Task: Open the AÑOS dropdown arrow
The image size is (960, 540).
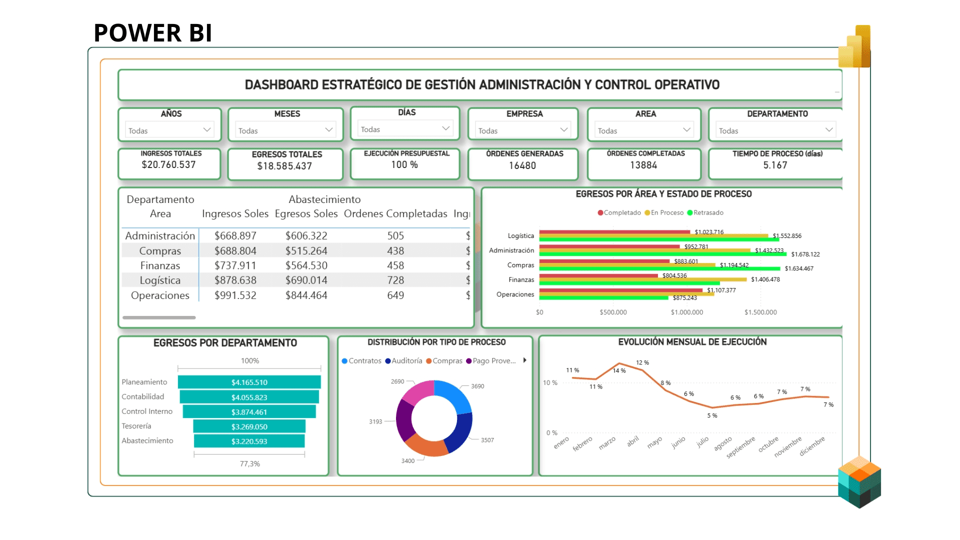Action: coord(207,130)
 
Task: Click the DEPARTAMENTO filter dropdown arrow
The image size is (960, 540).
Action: coord(829,130)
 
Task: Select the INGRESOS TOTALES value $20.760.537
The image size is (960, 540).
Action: coord(168,165)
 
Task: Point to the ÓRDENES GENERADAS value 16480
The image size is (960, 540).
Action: coord(522,165)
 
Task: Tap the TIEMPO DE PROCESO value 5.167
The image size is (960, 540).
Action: coord(775,165)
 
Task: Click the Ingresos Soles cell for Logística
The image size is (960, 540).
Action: coord(235,280)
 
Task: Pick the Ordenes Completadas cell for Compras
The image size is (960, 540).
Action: coord(395,251)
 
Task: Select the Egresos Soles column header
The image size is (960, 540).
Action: coord(306,214)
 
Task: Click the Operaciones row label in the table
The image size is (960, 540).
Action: coord(160,295)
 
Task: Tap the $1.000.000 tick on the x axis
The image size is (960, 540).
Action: coord(687,312)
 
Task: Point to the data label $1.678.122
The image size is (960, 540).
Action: coord(805,254)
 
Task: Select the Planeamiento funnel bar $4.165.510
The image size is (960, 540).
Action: coord(249,382)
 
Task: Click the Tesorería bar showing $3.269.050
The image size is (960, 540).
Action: coord(249,427)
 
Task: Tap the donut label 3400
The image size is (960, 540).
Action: coord(408,461)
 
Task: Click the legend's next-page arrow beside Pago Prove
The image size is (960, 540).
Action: coord(524,360)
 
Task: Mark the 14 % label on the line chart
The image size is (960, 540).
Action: coord(619,371)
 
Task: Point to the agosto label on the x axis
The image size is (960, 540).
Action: coord(723,443)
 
